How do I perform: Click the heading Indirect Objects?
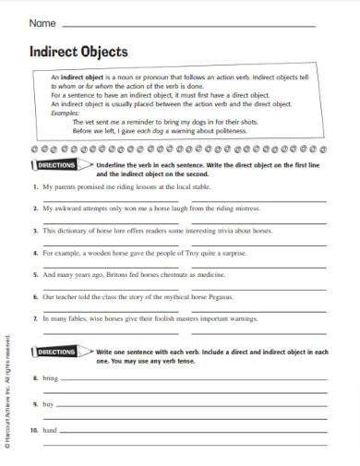(78, 52)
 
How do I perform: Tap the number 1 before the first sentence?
(33, 187)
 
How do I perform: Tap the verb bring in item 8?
(50, 379)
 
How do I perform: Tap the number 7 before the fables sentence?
(33, 318)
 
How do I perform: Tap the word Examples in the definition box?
(66, 113)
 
